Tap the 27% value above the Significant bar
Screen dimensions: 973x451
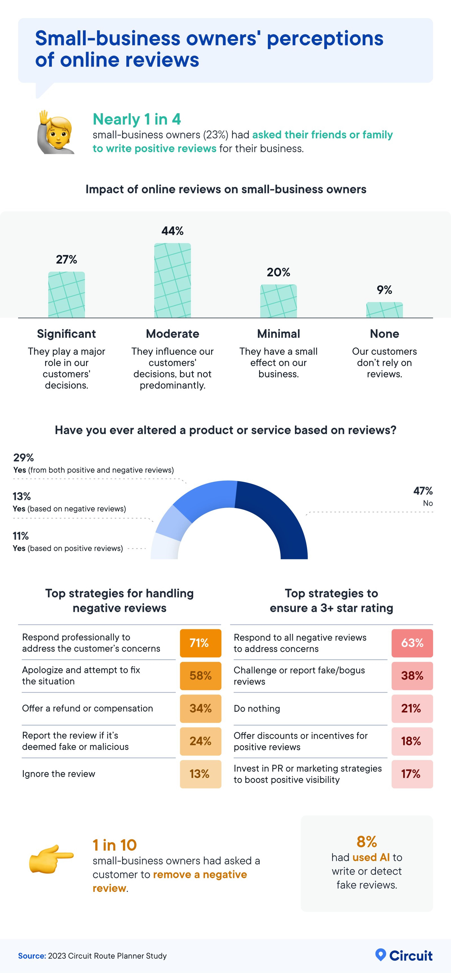(66, 260)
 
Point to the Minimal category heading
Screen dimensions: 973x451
(278, 334)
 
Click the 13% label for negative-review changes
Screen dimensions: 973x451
(21, 496)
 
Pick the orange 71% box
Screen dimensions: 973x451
(200, 643)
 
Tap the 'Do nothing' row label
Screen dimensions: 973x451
(257, 709)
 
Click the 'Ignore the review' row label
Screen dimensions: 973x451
(58, 774)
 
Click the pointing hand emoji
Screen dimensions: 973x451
(51, 859)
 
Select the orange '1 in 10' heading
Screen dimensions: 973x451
(115, 845)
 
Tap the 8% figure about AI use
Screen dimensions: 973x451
(367, 842)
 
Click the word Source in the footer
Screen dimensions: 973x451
(32, 956)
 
